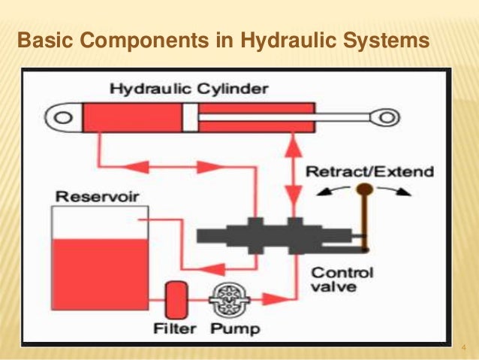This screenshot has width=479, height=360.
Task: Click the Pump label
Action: (234, 328)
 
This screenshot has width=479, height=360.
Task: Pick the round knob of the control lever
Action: (366, 189)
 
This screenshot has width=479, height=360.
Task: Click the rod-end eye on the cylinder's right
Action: (387, 116)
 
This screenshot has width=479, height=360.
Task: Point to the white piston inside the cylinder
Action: (190, 116)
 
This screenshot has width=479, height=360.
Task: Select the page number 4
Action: (463, 347)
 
